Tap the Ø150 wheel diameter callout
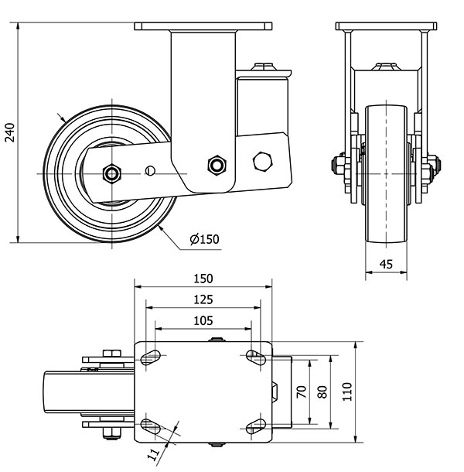coord(204,239)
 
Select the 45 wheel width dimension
coord(386,265)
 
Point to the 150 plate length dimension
coord(203,279)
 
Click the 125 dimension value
coord(203,300)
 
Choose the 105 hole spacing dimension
coord(203,320)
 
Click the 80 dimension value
coord(323,391)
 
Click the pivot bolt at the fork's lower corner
coord(217,164)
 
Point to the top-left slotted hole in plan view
coord(152,357)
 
